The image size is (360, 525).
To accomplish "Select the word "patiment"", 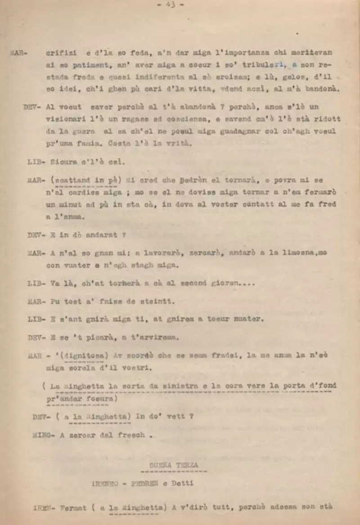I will [83, 65].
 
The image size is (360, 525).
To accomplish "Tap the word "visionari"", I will [65, 119].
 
